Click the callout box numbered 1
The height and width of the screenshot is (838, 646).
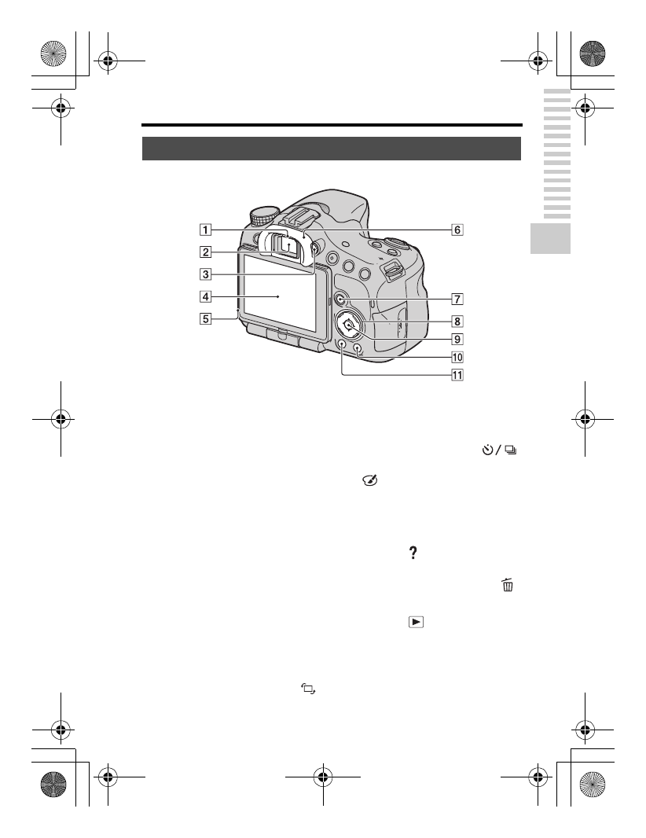pos(204,230)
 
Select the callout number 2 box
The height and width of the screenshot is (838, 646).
pos(204,252)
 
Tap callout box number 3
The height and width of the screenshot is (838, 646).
pos(204,274)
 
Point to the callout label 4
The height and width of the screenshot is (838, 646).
pos(204,297)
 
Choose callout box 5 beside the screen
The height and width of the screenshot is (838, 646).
pos(204,319)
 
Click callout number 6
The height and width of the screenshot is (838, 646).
pos(457,230)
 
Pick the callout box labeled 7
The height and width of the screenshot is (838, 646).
pos(457,299)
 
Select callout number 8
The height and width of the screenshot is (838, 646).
pos(457,321)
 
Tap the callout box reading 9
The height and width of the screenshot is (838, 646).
pos(457,340)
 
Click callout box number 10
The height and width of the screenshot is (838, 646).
pos(457,356)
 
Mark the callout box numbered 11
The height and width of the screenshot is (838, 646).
pos(457,375)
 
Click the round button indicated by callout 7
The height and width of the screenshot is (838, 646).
pos(340,299)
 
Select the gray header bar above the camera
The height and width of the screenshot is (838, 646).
pos(332,149)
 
